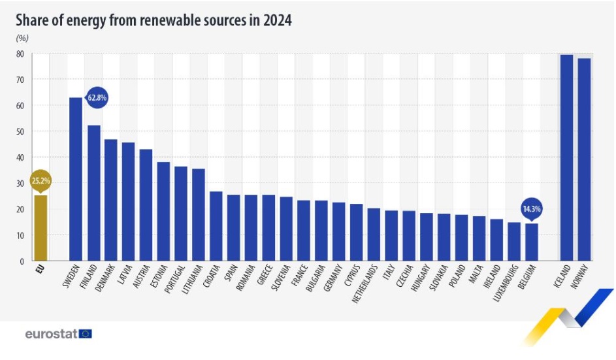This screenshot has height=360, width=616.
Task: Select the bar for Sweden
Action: tap(76, 179)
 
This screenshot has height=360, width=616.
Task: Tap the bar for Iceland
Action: tap(566, 157)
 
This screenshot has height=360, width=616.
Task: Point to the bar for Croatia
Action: tap(216, 226)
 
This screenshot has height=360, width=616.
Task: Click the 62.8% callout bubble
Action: tap(97, 98)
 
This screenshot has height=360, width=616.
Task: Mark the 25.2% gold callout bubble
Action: tap(40, 181)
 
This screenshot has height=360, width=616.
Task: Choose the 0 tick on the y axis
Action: tap(22, 261)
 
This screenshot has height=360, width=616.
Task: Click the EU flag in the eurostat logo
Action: tap(85, 334)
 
